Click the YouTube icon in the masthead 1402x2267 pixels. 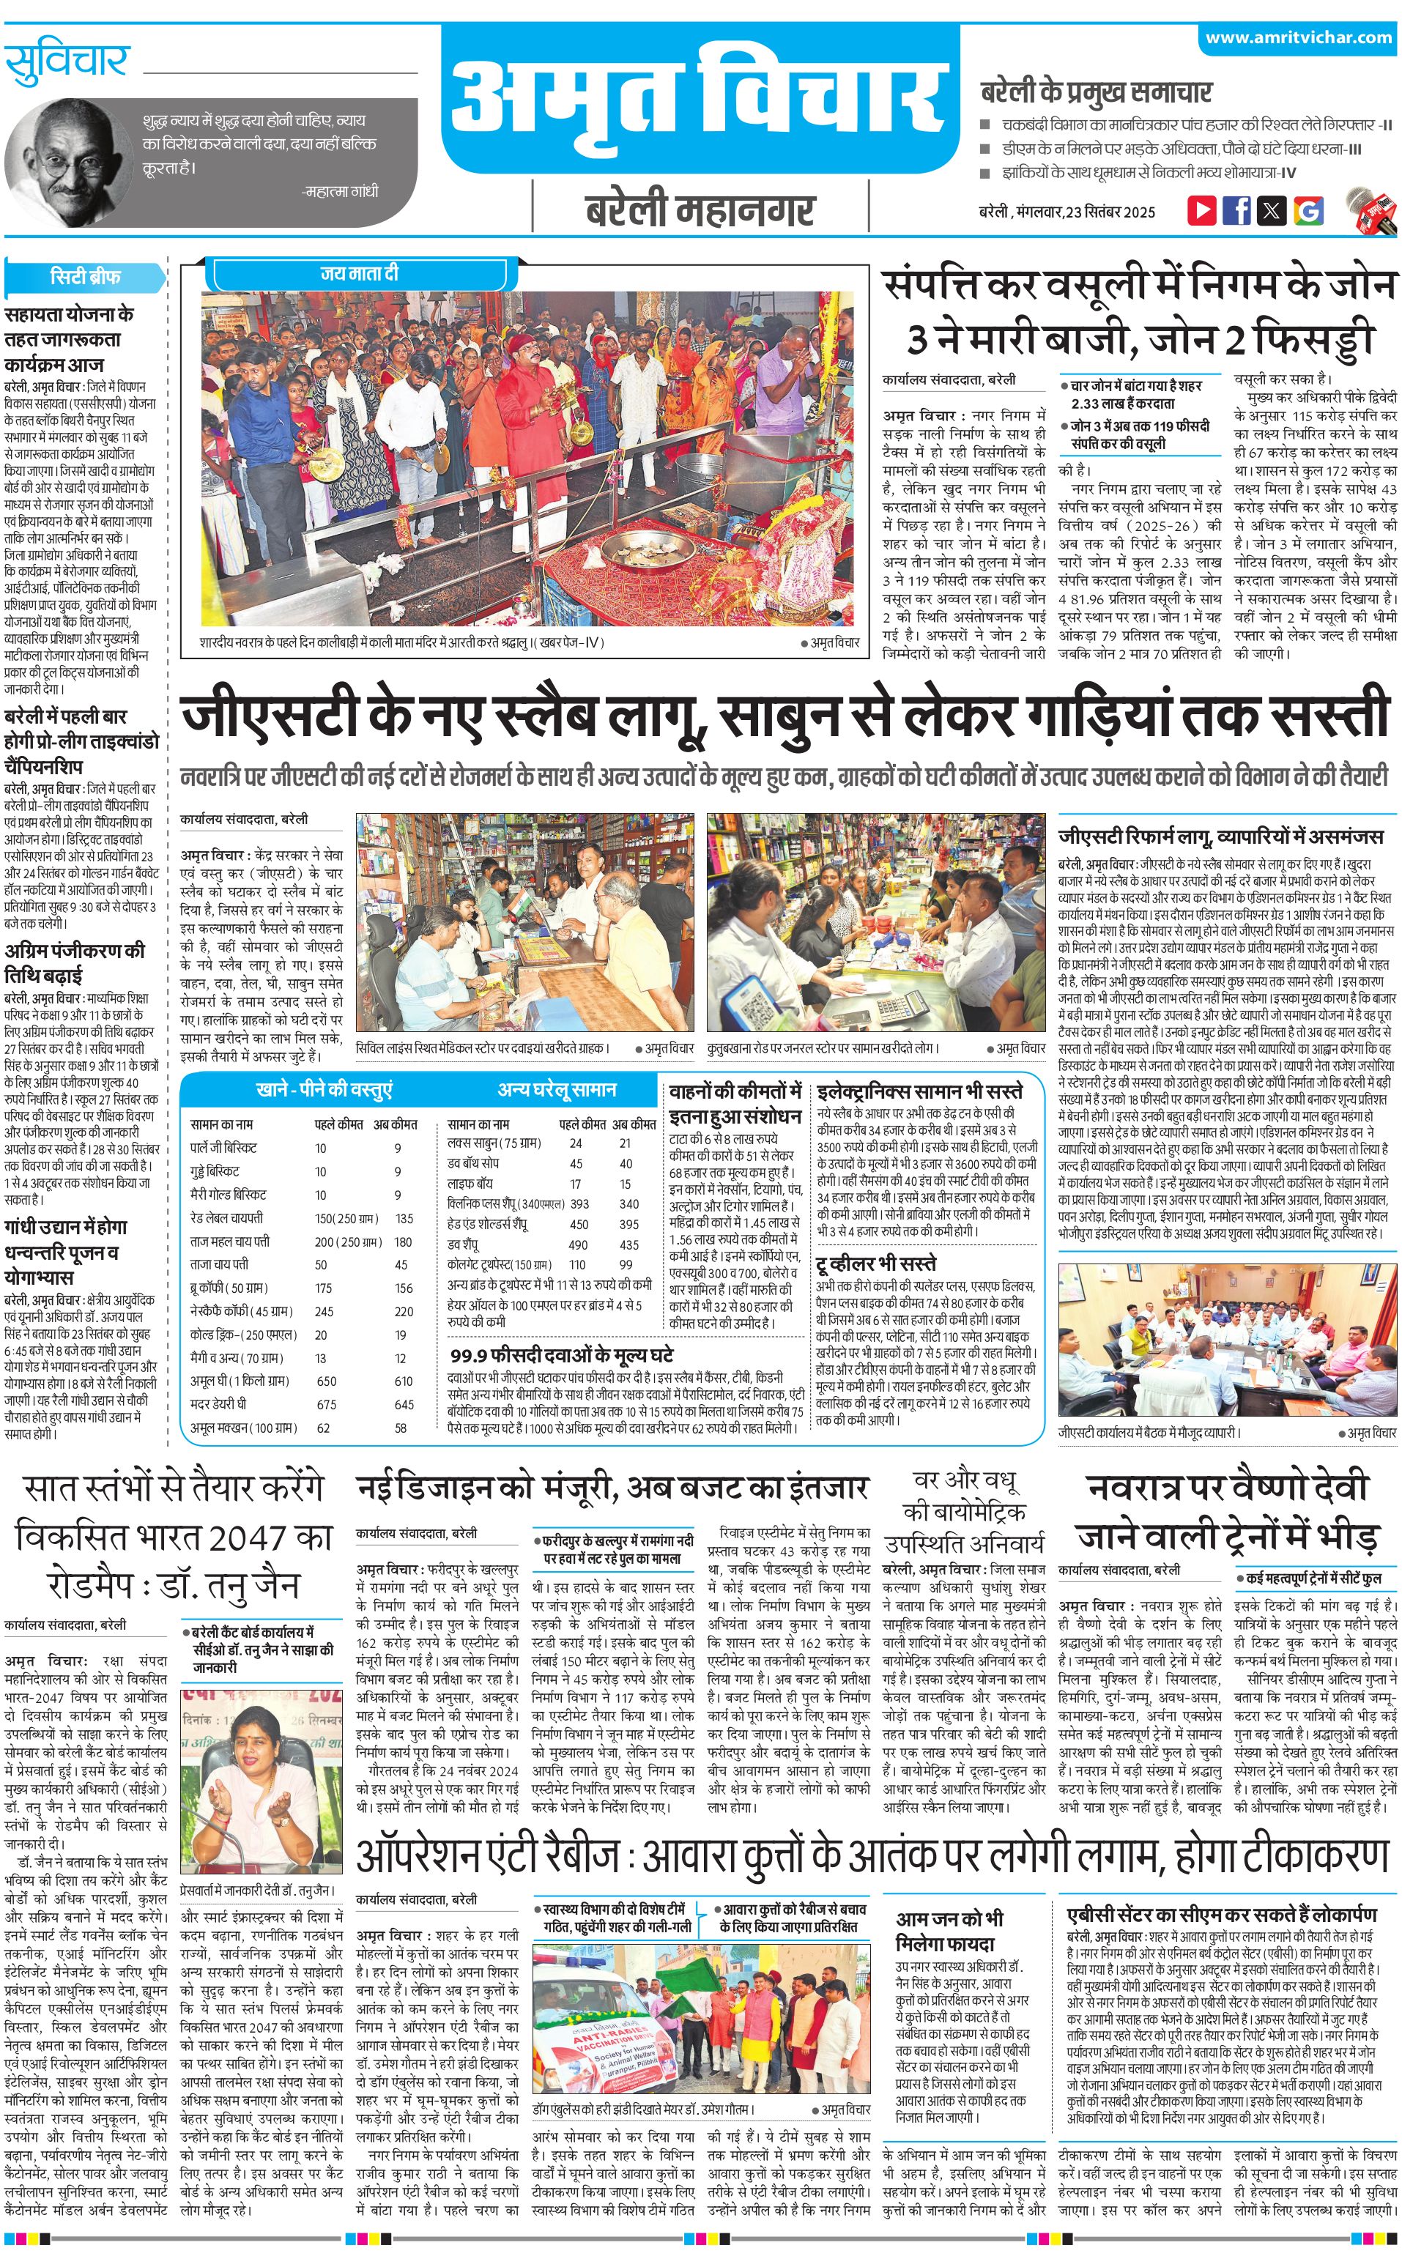(x=1202, y=209)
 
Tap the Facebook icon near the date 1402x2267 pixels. (x=1236, y=209)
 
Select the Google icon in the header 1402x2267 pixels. (x=1308, y=210)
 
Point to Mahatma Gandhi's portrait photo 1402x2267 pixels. (x=66, y=160)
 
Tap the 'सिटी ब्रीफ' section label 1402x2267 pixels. (x=85, y=276)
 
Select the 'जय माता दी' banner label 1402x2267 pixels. (x=359, y=273)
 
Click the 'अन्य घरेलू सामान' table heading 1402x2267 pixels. (x=557, y=1088)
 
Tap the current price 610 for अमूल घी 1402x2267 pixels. (x=404, y=1381)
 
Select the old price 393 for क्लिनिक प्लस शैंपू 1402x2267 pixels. (x=579, y=1203)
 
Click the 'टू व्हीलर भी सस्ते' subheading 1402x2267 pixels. (x=876, y=1264)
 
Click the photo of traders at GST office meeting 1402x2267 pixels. (x=1227, y=1339)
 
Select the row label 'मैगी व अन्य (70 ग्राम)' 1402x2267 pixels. (x=237, y=1357)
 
